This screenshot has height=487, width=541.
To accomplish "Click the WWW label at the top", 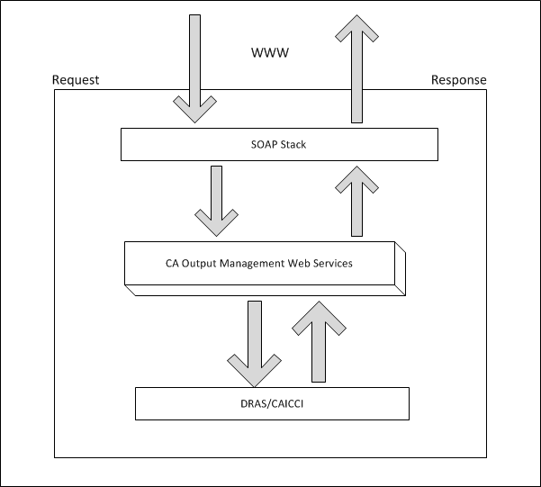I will [270, 54].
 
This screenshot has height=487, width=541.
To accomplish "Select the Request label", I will [76, 80].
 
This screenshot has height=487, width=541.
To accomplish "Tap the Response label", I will [458, 80].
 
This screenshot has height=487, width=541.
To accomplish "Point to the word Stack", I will [293, 144].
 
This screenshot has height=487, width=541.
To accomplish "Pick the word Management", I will [253, 264].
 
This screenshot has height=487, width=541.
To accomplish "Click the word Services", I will [333, 264].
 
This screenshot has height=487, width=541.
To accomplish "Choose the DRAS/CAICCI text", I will [272, 403].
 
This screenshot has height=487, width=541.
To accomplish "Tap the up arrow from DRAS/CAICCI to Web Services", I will [315, 342].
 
